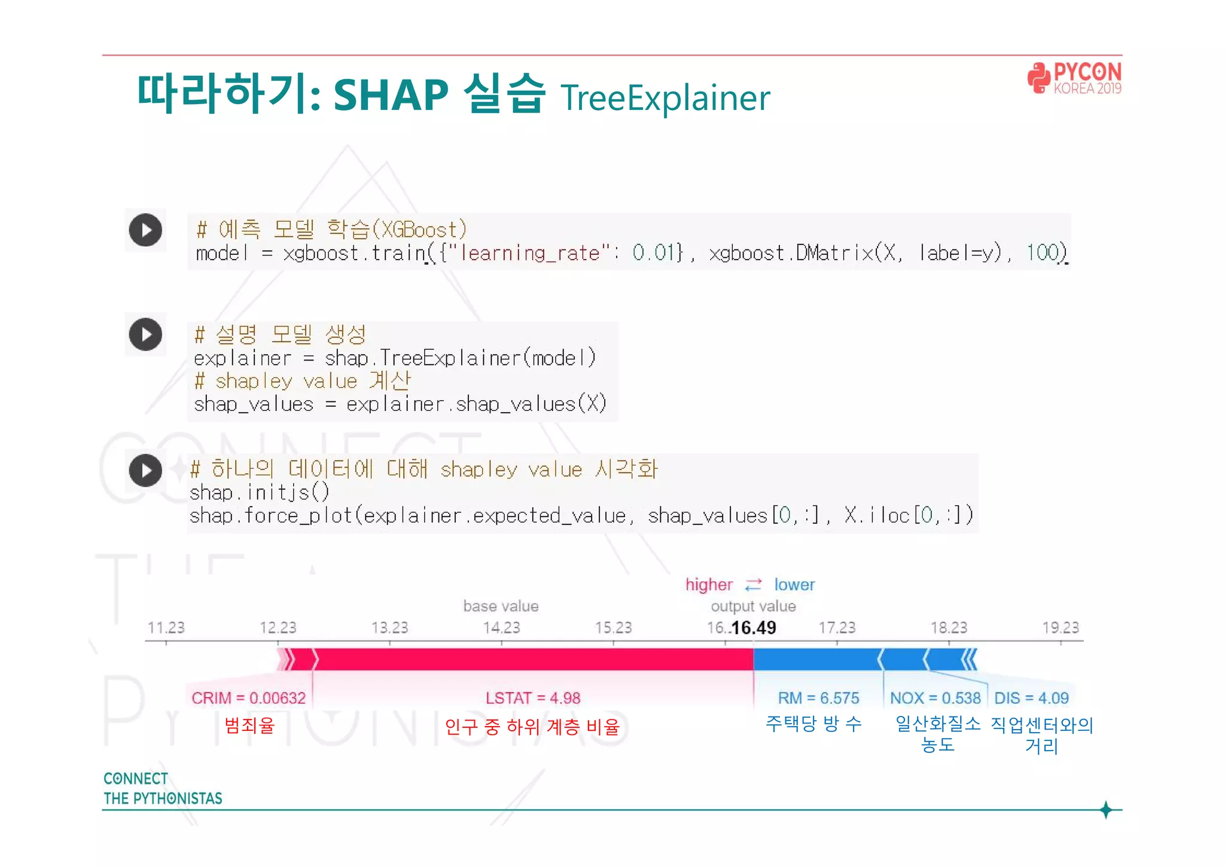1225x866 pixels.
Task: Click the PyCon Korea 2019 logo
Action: point(1074,78)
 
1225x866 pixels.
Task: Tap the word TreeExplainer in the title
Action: point(665,98)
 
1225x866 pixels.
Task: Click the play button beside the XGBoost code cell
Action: point(145,230)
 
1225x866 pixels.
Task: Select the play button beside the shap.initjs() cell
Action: point(145,470)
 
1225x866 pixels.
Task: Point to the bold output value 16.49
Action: point(753,627)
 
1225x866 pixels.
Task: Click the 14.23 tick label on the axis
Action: point(501,627)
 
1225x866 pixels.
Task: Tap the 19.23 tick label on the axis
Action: point(1060,627)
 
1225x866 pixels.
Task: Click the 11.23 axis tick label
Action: point(166,627)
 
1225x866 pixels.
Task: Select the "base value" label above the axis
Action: point(501,606)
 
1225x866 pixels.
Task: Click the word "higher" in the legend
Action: point(709,584)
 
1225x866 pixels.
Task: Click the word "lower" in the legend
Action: point(794,584)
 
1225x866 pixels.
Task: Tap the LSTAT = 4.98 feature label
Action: point(532,698)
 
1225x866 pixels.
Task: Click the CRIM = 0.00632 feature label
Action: point(248,698)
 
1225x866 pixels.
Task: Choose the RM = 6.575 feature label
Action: point(818,698)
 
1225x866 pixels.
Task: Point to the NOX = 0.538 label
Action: point(935,698)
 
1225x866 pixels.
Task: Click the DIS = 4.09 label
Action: point(1031,698)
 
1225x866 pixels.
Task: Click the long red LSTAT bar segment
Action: point(532,659)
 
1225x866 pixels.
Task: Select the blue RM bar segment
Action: point(816,659)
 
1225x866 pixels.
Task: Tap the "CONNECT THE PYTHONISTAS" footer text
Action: point(162,788)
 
